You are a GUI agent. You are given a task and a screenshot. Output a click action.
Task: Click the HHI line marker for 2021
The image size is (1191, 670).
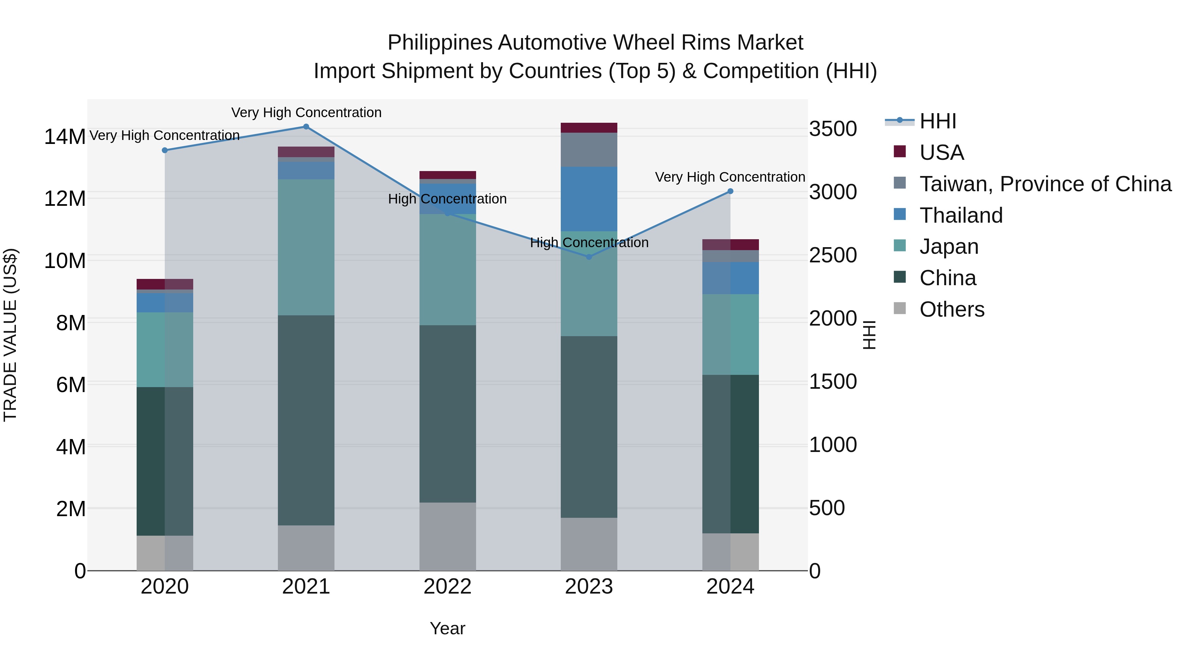(306, 127)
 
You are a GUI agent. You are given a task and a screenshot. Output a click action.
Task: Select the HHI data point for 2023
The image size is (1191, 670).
(589, 257)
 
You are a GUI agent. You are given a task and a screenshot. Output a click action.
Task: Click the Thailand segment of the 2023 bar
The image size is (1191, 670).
(589, 199)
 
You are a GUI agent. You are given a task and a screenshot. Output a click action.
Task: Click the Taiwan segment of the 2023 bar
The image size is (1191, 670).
(589, 150)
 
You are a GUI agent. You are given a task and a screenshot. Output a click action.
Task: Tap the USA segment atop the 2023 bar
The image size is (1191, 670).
(589, 128)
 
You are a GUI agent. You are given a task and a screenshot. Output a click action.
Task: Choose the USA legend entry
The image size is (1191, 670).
(941, 153)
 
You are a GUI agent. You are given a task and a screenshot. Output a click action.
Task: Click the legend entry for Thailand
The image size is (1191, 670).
(961, 215)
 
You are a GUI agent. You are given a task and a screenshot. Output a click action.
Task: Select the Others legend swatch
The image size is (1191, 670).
(900, 308)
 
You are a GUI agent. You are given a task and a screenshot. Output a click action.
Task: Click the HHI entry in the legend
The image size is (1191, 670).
(938, 121)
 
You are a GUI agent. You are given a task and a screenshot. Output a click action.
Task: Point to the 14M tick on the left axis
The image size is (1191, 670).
(65, 137)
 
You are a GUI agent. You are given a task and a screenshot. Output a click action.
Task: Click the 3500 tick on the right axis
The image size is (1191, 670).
(833, 129)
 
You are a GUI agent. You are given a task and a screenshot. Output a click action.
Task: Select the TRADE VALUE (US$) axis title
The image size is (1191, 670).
(11, 335)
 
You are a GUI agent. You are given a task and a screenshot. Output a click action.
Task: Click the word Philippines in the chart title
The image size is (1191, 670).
(439, 43)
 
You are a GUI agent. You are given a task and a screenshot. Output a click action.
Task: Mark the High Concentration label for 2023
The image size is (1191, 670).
(589, 243)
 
